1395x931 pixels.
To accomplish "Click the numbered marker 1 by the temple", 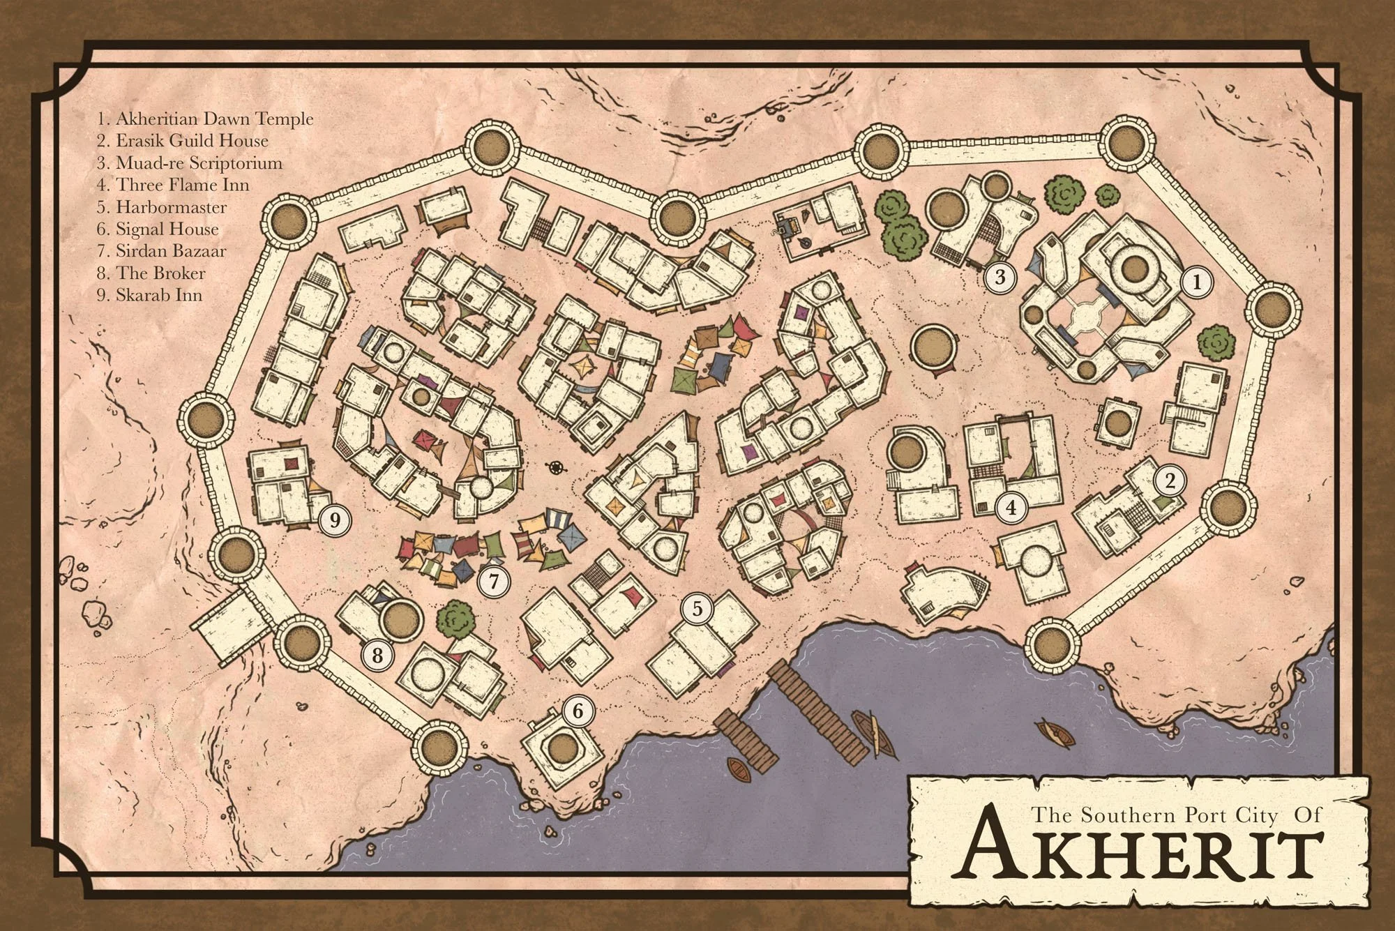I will tap(1198, 282).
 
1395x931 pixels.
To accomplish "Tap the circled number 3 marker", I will tap(999, 277).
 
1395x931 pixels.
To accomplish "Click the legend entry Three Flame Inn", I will tap(173, 185).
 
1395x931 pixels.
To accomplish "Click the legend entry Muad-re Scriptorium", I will tap(190, 163).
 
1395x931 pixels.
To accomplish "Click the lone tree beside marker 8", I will tap(458, 617).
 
